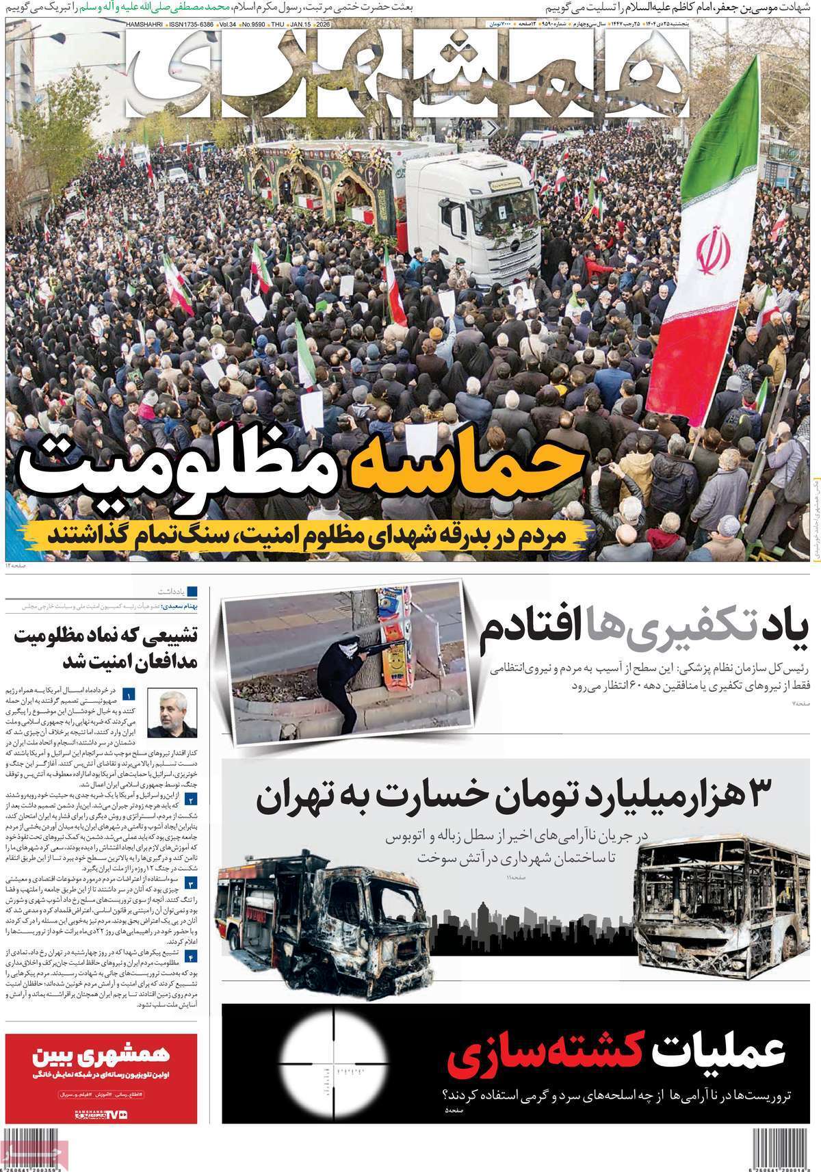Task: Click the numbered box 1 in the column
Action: click(x=129, y=695)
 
